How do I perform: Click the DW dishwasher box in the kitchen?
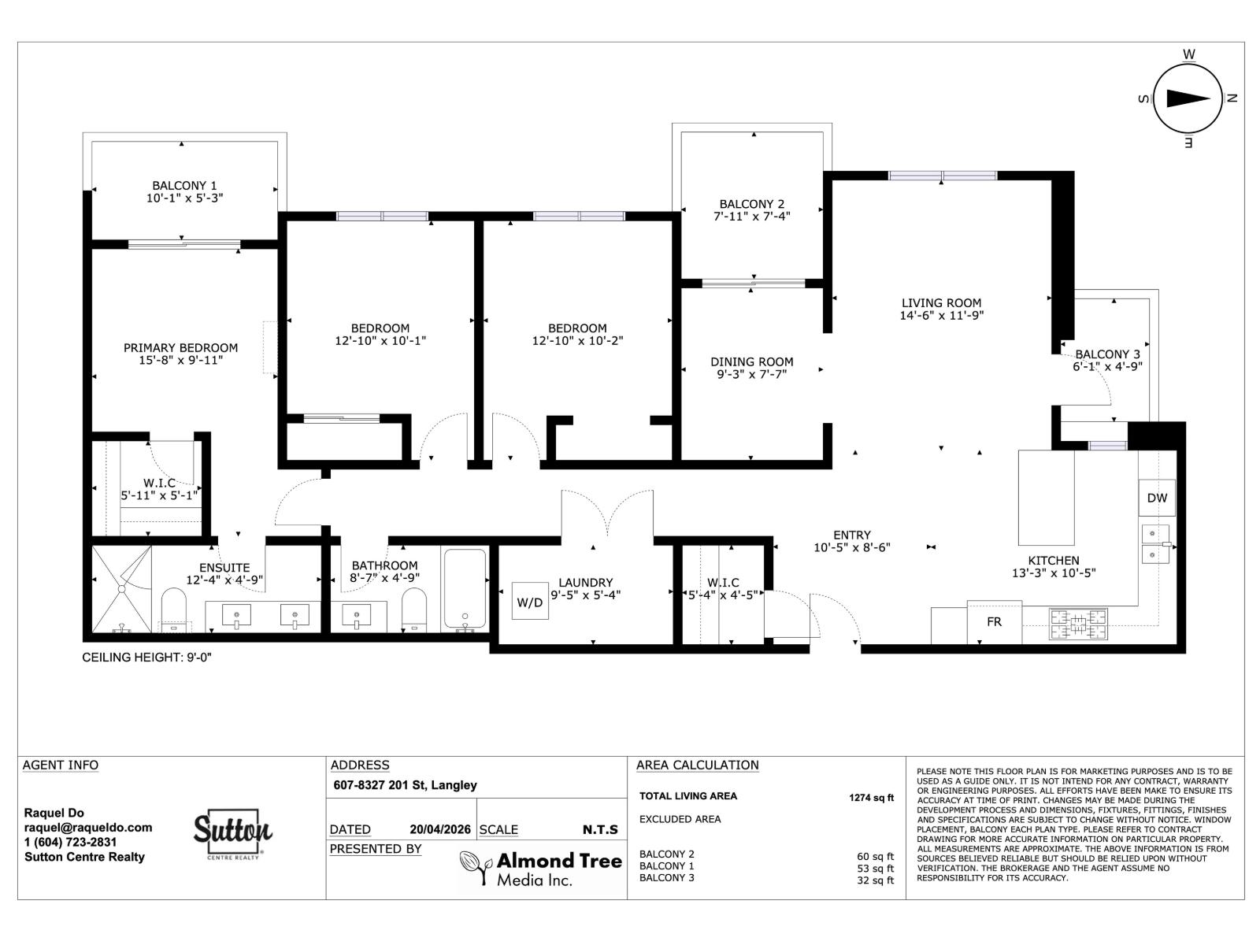(x=1156, y=498)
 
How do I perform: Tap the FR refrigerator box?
(x=994, y=621)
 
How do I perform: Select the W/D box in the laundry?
(x=530, y=602)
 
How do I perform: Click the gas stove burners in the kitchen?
(x=1077, y=624)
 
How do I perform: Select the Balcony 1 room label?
(x=184, y=186)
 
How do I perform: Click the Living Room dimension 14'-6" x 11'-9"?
(x=942, y=315)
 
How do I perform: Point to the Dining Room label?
(x=751, y=361)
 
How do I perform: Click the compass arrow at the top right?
(x=1188, y=98)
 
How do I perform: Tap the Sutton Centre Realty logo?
(x=233, y=833)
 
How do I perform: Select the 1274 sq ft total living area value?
(x=871, y=797)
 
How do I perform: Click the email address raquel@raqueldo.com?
(x=88, y=828)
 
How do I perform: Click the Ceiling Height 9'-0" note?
(x=147, y=657)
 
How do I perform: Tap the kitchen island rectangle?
(x=1046, y=498)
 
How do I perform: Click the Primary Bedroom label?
(x=180, y=347)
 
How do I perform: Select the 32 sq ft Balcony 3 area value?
(x=875, y=880)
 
